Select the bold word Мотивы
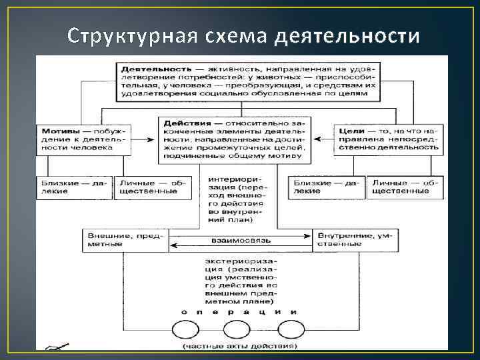(x=59, y=131)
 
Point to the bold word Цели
(x=351, y=131)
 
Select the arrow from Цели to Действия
(x=322, y=139)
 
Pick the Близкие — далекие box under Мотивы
(x=74, y=186)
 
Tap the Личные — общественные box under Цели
(x=401, y=186)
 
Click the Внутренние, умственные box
(x=357, y=239)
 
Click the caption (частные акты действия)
(x=239, y=346)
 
